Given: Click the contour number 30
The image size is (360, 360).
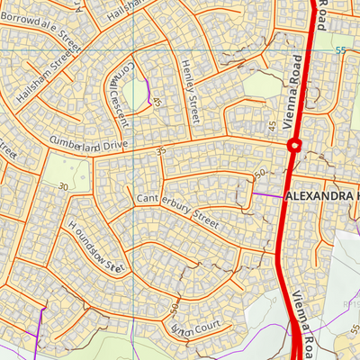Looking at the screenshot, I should pos(63,186).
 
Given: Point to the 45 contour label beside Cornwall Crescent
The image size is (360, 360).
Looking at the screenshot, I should pos(157,103).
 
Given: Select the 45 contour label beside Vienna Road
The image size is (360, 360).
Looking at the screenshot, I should pos(272,123).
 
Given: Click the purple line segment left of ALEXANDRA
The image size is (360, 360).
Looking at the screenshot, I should pos(265,193).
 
